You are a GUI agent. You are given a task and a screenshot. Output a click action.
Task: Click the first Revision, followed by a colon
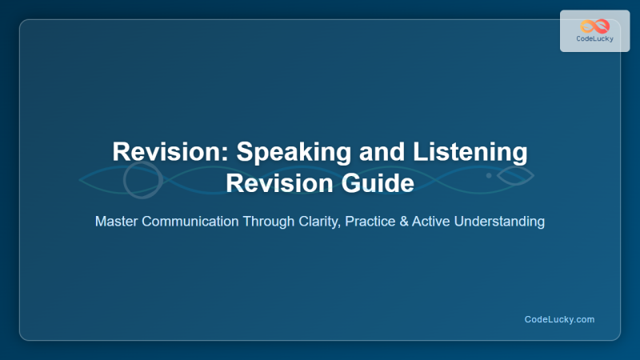[x=156, y=152]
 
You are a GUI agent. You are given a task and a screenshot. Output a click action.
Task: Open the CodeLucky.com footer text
[x=559, y=319]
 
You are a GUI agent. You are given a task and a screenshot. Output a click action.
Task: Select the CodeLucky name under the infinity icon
[x=594, y=39]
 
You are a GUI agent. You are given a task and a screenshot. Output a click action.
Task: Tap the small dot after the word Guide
[x=489, y=174]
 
